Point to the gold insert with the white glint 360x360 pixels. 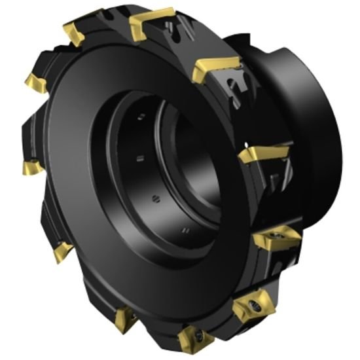point(262,154)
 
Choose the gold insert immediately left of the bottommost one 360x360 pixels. point(124,319)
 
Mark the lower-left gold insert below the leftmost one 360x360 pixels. point(62,249)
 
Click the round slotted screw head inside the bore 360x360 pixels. point(154,198)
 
